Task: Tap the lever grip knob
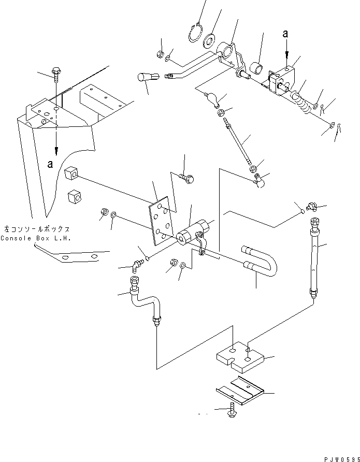click(x=146, y=78)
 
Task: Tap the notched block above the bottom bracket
click(x=240, y=358)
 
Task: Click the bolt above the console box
click(x=55, y=74)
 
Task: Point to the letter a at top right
click(x=285, y=34)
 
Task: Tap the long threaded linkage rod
click(x=239, y=142)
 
